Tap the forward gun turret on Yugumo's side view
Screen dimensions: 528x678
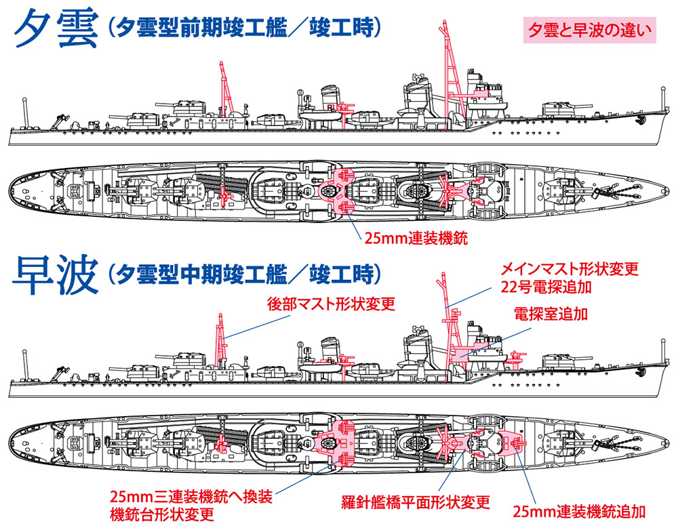point(564,109)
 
